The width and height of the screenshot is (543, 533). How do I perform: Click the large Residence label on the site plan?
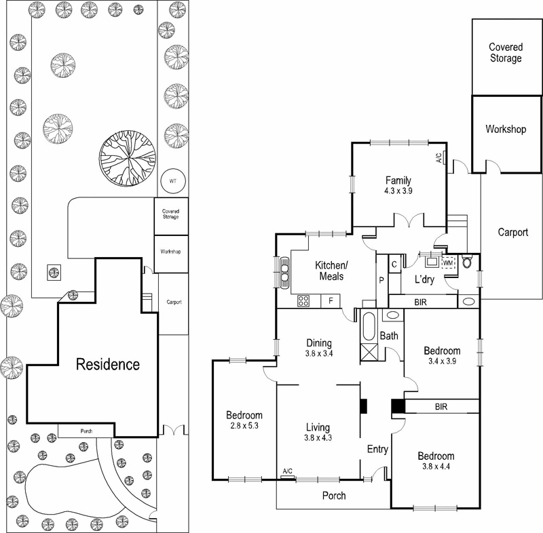107,364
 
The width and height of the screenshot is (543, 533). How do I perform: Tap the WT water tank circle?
172,182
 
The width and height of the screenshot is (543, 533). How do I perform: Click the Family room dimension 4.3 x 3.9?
398,191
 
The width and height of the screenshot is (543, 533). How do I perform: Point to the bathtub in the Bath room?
369,328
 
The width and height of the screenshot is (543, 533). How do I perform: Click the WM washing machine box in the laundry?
448,262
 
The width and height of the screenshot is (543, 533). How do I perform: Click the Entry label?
377,450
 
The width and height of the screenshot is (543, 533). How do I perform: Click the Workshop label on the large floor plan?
506,129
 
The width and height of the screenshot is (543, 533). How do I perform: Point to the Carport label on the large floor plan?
512,232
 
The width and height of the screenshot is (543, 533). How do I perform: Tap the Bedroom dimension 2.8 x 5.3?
244,426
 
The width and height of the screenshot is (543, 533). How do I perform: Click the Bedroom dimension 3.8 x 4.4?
435,467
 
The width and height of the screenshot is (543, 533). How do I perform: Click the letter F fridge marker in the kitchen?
331,299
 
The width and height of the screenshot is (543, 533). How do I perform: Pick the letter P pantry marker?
381,279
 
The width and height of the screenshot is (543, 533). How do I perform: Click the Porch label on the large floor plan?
333,496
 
